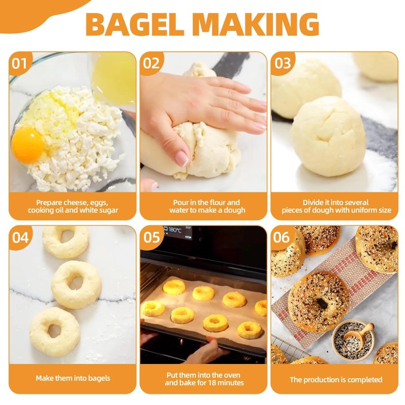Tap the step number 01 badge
[19, 63]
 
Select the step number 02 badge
[151, 63]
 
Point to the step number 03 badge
[282, 63]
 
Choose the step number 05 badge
[151, 237]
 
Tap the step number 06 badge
[282, 237]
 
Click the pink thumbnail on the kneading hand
[181, 158]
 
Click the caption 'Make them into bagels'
[73, 378]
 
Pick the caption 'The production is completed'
[336, 379]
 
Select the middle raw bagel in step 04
[76, 283]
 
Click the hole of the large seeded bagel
[322, 303]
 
